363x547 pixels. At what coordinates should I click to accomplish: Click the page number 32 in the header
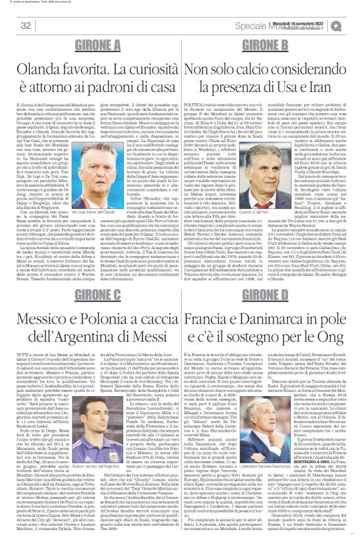click(x=26, y=26)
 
